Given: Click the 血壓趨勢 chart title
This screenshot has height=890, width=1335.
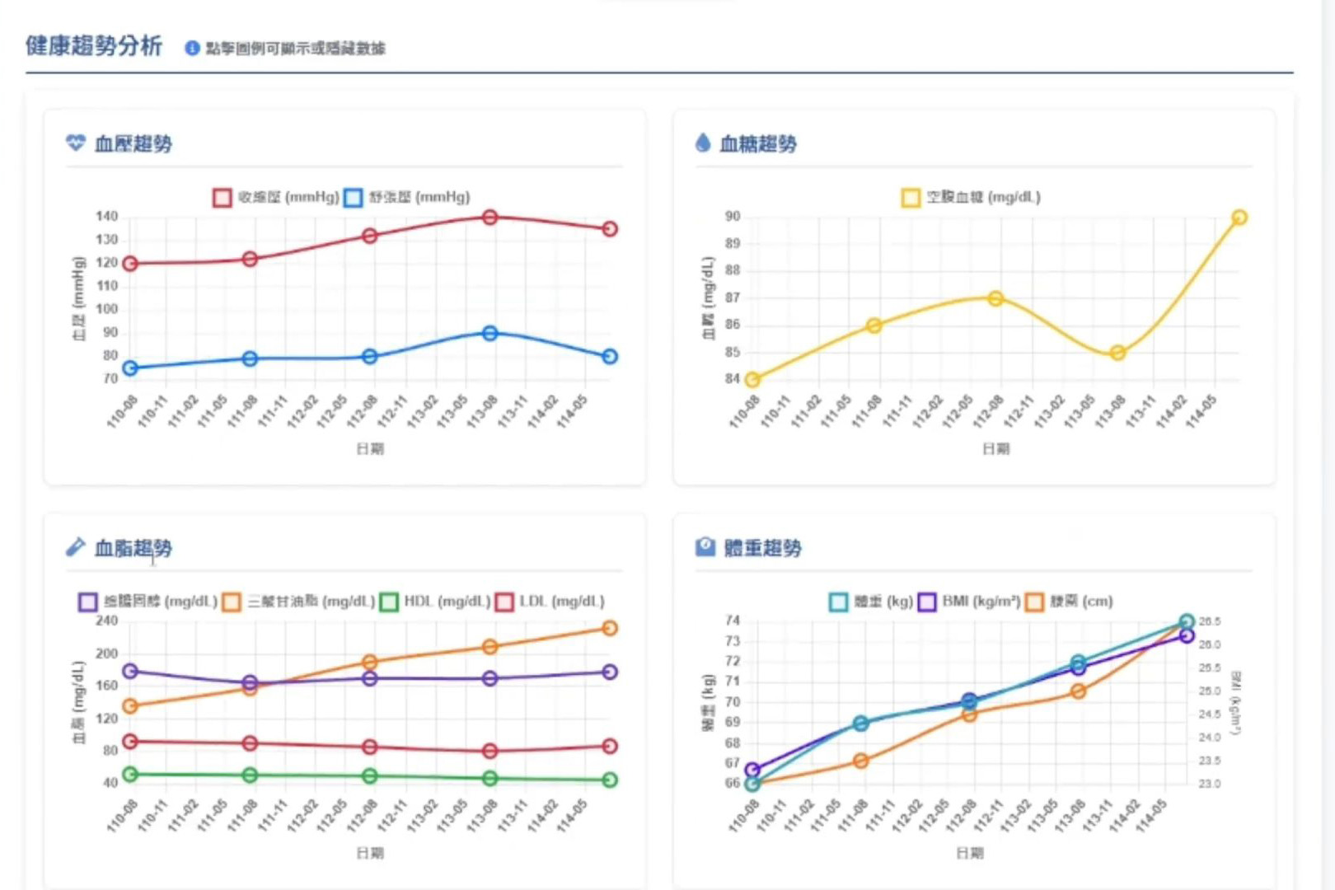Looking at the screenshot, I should (133, 144).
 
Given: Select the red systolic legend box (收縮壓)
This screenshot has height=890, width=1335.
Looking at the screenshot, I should (222, 198).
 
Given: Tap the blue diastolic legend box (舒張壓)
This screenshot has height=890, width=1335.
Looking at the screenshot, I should (353, 198).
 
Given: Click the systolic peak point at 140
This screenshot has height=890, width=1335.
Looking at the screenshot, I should (489, 218).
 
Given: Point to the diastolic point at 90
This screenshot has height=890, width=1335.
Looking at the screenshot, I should (489, 334).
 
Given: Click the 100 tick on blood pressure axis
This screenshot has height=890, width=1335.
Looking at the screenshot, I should (107, 309).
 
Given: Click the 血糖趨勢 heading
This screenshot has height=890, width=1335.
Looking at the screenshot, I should (757, 144).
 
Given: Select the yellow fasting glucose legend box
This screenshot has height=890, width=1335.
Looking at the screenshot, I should (910, 198).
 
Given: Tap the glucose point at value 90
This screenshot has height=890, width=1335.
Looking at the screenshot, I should (1239, 218).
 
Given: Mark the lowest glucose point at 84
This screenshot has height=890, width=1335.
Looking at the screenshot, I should (752, 380).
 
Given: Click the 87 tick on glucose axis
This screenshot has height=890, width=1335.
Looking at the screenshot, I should (733, 297).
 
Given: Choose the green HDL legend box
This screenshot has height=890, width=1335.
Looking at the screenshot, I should (389, 602).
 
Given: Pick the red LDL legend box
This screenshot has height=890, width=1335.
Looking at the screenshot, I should (504, 602).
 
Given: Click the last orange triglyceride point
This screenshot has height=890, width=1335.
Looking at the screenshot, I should (609, 629).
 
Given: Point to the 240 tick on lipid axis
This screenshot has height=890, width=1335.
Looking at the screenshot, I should (107, 621).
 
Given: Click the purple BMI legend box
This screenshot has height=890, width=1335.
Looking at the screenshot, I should (926, 602).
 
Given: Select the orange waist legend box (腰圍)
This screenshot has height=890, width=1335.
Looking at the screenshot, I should (1034, 602).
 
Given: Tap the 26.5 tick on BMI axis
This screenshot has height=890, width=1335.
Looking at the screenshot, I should (1209, 621).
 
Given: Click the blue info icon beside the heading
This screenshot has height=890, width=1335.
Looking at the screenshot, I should (192, 49).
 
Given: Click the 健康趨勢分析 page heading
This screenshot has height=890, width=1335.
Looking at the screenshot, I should (94, 46).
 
